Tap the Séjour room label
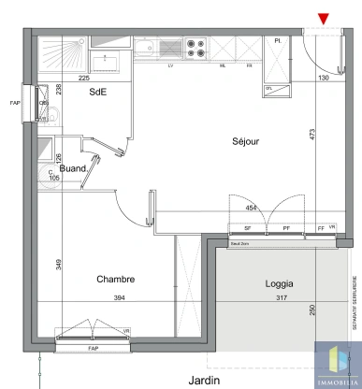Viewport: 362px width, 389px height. [247, 141]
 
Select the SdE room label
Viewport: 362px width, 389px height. [96, 93]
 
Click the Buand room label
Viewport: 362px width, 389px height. [74, 168]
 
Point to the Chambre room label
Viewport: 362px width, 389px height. [116, 279]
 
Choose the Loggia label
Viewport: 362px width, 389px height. [279, 282]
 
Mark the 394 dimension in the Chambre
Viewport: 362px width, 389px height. [118, 298]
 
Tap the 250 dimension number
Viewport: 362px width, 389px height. [313, 312]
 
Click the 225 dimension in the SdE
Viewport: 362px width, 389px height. [82, 79]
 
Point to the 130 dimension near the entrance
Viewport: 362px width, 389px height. [324, 79]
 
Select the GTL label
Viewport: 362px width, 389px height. [269, 89]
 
